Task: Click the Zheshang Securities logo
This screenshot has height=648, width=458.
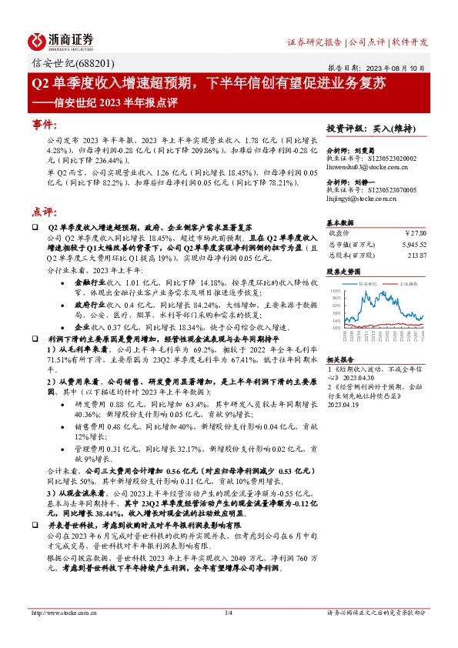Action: (x=62, y=41)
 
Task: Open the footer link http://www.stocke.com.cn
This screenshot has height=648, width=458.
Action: (x=63, y=612)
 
